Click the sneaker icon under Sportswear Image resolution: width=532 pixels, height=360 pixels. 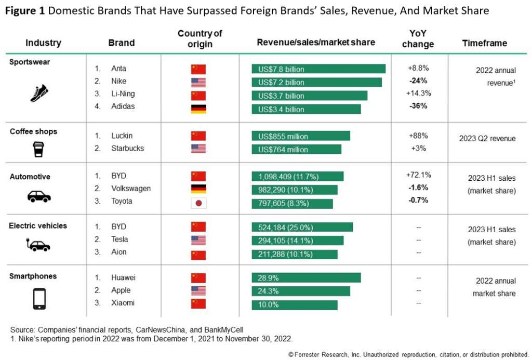coord(39,93)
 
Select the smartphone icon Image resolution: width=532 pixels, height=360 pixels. coord(39,298)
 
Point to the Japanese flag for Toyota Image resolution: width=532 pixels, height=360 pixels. coord(198,202)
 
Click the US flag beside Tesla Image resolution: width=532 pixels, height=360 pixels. coord(198,240)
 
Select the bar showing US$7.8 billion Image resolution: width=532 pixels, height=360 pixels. coord(318,69)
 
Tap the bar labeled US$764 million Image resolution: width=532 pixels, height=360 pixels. coord(296,150)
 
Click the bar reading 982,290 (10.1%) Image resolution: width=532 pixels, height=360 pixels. coord(294,190)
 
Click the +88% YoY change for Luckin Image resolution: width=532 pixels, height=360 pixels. coord(418,136)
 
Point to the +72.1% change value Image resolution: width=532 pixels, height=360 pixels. coord(418,175)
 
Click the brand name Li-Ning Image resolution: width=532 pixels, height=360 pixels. coord(122,94)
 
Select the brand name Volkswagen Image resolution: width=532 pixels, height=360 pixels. coord(131,189)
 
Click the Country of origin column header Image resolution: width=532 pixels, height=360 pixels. coord(199,38)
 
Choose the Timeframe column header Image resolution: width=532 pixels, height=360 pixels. coord(484,43)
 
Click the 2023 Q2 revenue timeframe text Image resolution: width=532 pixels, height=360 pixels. coord(487,139)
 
